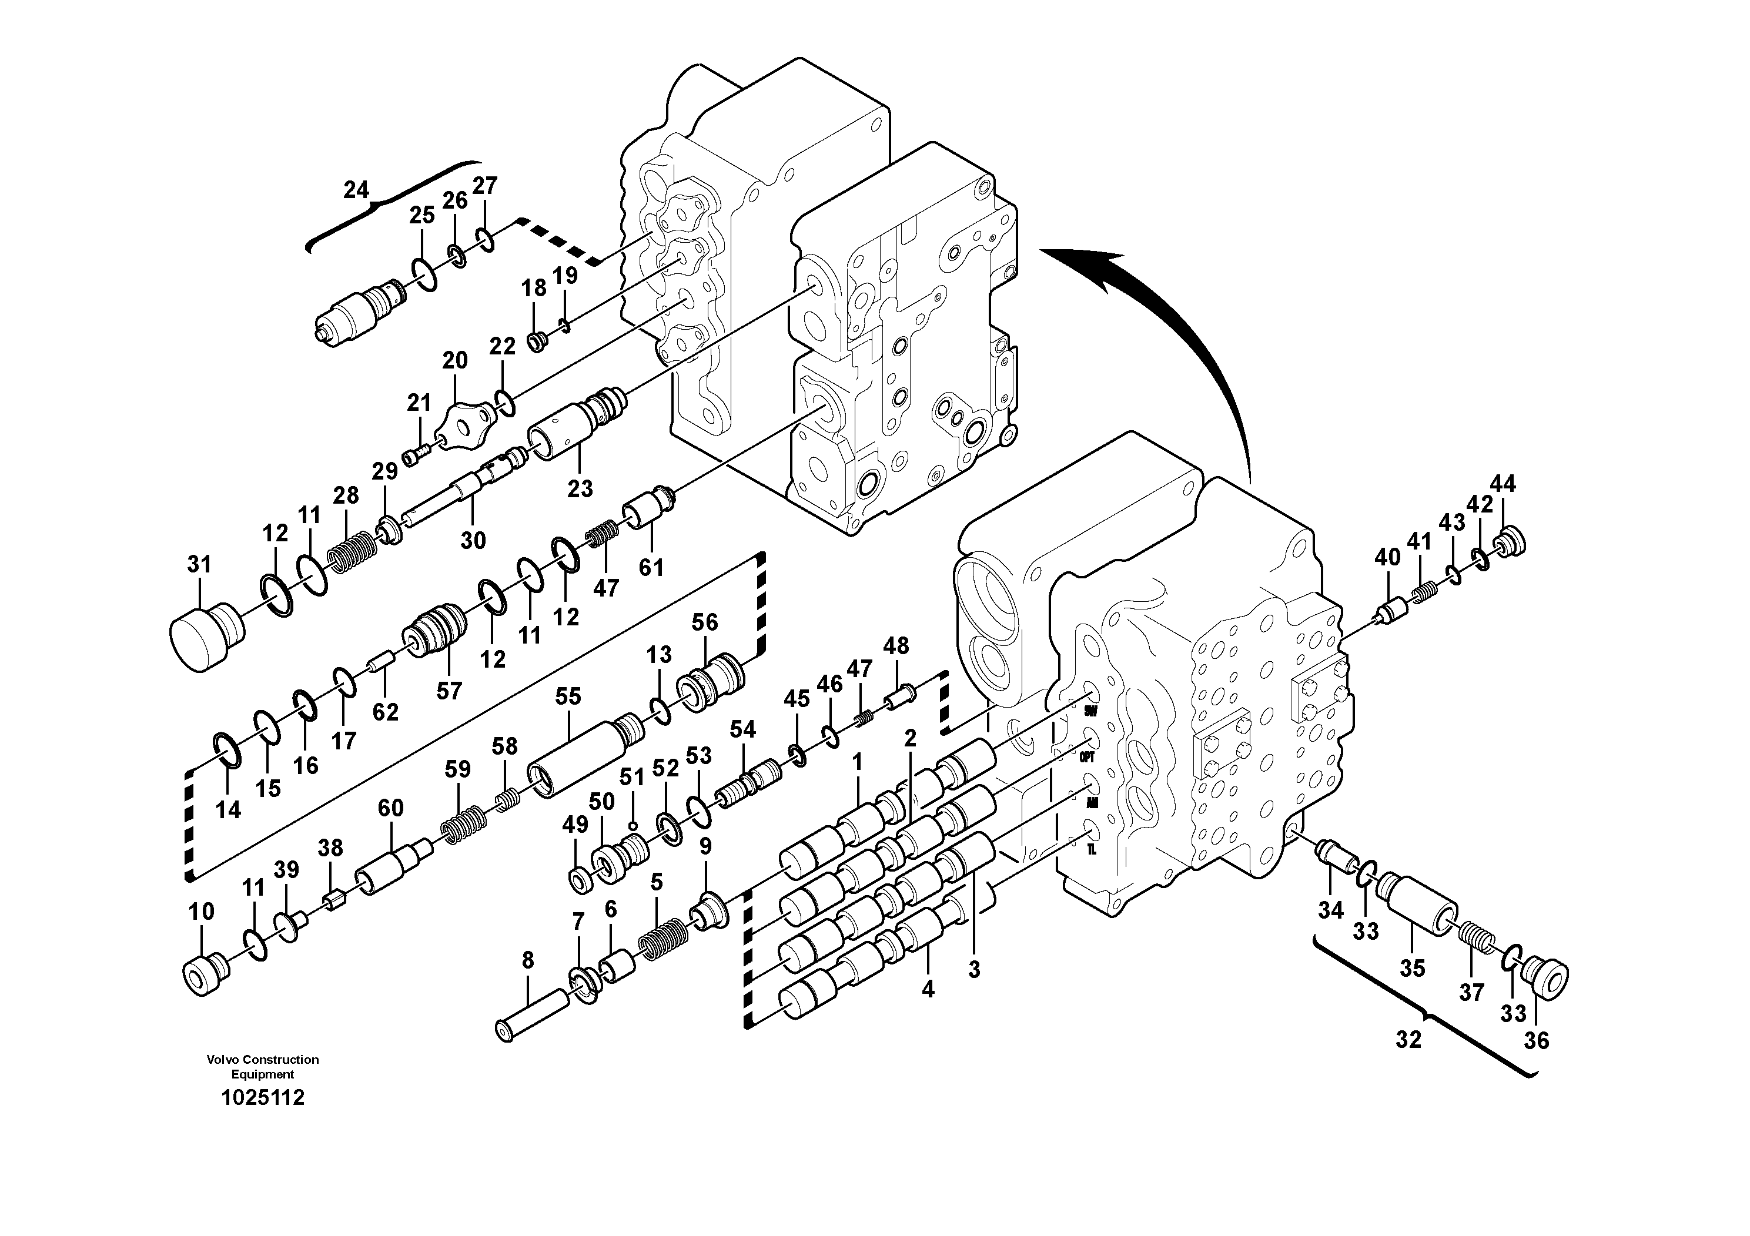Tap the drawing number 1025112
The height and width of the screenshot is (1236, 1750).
coord(262,1098)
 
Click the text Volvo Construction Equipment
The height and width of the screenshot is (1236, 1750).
coord(262,1067)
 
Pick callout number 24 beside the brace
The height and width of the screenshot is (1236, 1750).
coord(356,190)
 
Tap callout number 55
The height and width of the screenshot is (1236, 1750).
coord(568,696)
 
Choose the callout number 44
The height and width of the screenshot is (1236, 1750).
coord(1503,483)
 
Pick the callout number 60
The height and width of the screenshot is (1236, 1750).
coord(390,808)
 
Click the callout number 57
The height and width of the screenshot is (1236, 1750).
coord(449,691)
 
